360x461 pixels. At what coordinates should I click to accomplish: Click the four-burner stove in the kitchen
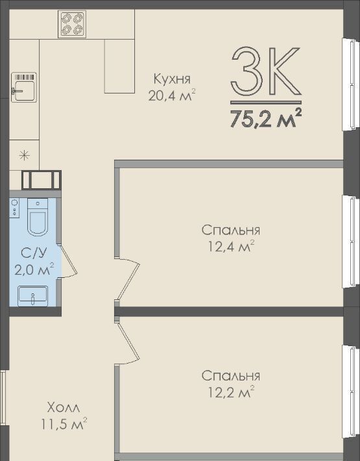tap(72, 24)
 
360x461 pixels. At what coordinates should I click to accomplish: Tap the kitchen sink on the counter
tap(24, 87)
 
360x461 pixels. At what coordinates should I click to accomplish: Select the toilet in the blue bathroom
tap(38, 217)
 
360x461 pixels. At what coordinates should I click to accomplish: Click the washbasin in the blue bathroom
tap(32, 296)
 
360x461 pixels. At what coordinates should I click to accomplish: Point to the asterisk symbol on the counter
tap(24, 155)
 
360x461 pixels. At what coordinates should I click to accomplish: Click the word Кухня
tap(172, 79)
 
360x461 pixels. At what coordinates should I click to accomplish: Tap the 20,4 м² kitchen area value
tap(172, 95)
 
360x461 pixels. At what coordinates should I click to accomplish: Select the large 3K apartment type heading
tap(266, 71)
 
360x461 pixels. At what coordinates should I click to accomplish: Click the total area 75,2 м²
tap(266, 118)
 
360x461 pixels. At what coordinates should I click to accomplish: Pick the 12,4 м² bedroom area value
tap(231, 246)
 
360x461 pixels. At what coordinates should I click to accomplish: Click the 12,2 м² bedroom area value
tap(231, 392)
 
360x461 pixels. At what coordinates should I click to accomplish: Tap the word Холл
tap(64, 408)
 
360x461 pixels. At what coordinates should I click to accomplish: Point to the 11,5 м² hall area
tap(64, 423)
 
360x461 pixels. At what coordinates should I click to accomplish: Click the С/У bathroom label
tap(34, 253)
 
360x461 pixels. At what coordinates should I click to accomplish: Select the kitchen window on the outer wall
tap(351, 84)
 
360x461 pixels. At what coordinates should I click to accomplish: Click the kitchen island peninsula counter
tap(119, 66)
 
